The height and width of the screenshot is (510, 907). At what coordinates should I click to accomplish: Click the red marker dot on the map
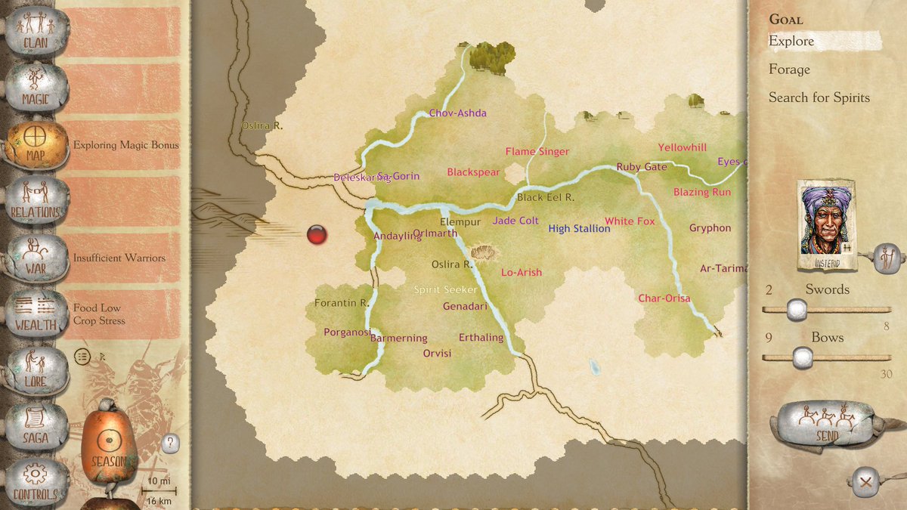pyautogui.click(x=317, y=235)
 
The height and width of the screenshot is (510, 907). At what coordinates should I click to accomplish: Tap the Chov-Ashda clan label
pyautogui.click(x=457, y=113)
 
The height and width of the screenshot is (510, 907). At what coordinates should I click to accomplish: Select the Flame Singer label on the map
pyautogui.click(x=537, y=152)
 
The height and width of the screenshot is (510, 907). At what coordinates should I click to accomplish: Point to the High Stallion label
pyautogui.click(x=579, y=229)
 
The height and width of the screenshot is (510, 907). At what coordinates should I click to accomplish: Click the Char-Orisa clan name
pyautogui.click(x=664, y=298)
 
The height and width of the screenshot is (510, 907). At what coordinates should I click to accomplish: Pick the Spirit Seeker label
pyautogui.click(x=445, y=290)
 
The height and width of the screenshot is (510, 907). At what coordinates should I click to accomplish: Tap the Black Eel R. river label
pyautogui.click(x=546, y=197)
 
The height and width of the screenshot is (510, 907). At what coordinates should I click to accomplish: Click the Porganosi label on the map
pyautogui.click(x=347, y=332)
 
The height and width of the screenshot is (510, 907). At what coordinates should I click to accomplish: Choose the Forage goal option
pyautogui.click(x=789, y=70)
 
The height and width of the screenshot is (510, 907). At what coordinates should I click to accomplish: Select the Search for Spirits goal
pyautogui.click(x=819, y=97)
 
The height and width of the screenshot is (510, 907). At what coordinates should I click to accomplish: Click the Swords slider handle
pyautogui.click(x=794, y=309)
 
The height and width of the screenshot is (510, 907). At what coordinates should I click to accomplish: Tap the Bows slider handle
pyautogui.click(x=803, y=357)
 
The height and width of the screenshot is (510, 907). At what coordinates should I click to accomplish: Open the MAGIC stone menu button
pyautogui.click(x=36, y=88)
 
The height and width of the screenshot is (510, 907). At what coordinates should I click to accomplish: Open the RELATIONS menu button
pyautogui.click(x=36, y=200)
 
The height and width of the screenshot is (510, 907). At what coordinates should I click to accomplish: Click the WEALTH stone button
pyautogui.click(x=36, y=313)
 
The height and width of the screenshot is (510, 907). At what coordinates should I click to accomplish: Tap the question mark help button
pyautogui.click(x=171, y=443)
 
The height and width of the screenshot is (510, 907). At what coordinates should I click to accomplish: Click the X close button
pyautogui.click(x=865, y=481)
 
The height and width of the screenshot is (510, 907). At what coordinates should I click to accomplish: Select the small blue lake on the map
pyautogui.click(x=595, y=368)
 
